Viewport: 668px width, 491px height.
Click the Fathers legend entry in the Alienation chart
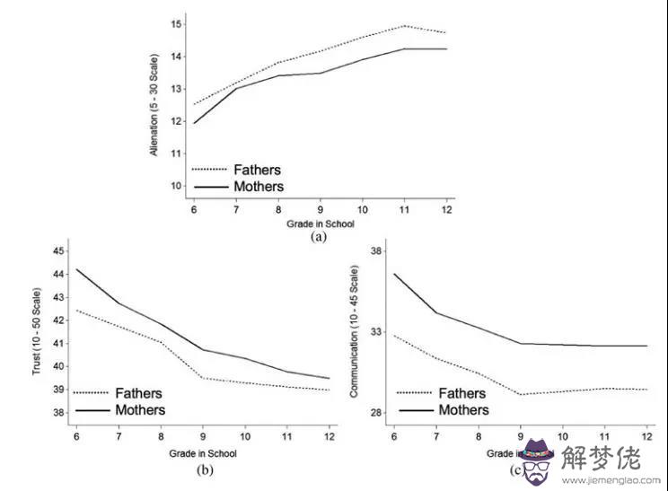257,170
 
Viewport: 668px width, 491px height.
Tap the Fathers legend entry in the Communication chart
461,393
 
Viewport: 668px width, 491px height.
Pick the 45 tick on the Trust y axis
59,250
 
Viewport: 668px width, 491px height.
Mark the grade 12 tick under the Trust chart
328,434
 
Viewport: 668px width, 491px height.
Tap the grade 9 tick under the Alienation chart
320,206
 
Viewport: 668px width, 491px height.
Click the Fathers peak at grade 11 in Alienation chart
404,25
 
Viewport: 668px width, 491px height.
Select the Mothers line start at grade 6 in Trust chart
77,269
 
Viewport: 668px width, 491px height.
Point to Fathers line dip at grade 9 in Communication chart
520,395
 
